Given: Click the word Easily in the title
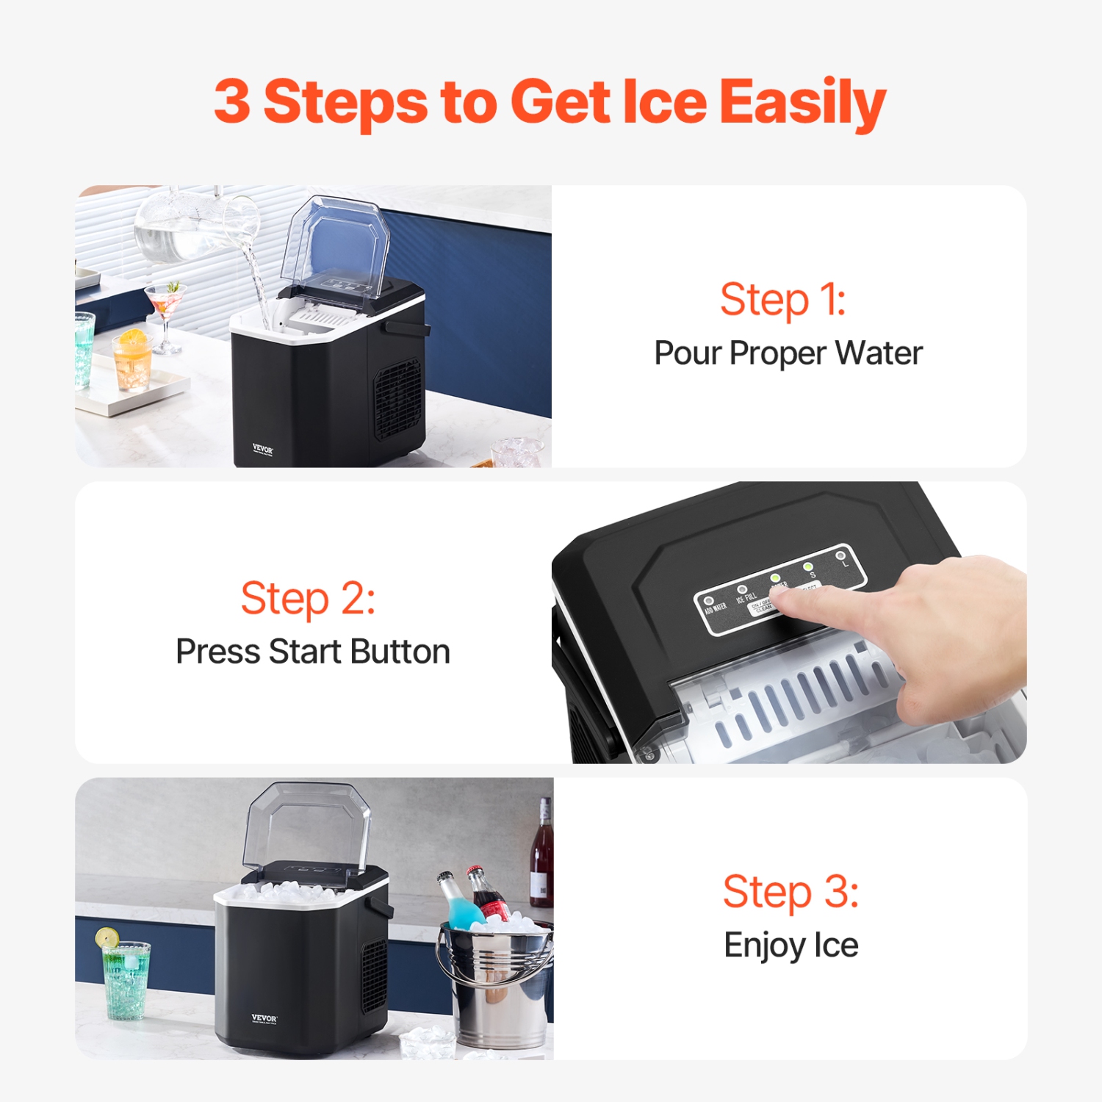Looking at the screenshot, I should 802,103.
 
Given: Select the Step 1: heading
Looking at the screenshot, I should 783,300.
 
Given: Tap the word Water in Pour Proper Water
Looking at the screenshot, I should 879,353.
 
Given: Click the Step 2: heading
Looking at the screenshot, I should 308,599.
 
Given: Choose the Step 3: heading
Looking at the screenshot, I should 791,892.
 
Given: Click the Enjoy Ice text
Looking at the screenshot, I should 791,945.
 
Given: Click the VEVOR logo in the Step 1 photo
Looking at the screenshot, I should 262,449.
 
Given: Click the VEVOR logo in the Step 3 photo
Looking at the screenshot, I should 264,1019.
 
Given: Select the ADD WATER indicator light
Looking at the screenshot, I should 709,601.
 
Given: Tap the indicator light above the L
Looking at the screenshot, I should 840,555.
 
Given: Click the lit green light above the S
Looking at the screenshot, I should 807,566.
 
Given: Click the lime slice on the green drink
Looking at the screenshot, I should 107,937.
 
